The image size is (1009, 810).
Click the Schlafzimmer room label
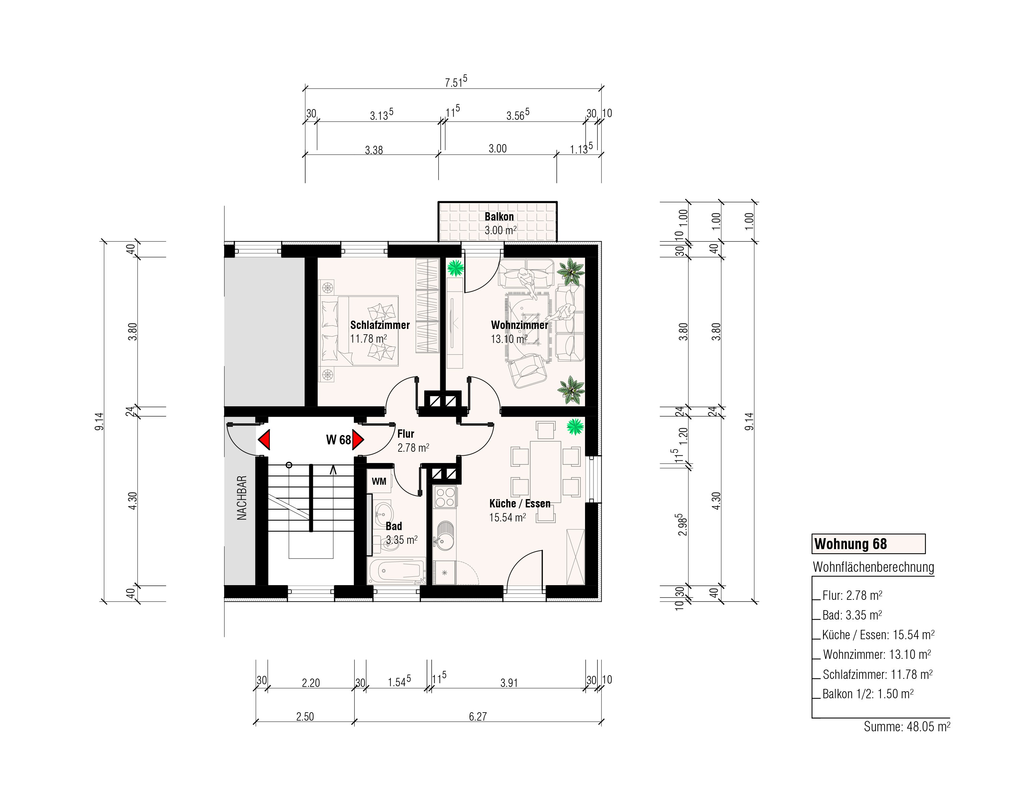(380, 325)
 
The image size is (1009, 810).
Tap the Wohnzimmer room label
(519, 325)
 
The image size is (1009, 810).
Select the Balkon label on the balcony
(499, 217)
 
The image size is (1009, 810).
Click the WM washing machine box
(379, 481)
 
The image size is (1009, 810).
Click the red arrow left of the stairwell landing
(264, 440)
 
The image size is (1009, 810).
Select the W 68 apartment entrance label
(338, 440)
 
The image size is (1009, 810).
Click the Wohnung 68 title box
(868, 544)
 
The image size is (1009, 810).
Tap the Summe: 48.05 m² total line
(907, 727)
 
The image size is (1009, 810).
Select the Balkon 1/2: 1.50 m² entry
(868, 694)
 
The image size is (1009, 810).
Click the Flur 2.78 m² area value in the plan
(413, 448)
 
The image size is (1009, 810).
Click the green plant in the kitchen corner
(575, 427)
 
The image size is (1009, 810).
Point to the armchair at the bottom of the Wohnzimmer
(528, 371)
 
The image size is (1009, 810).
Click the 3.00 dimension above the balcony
(497, 149)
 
